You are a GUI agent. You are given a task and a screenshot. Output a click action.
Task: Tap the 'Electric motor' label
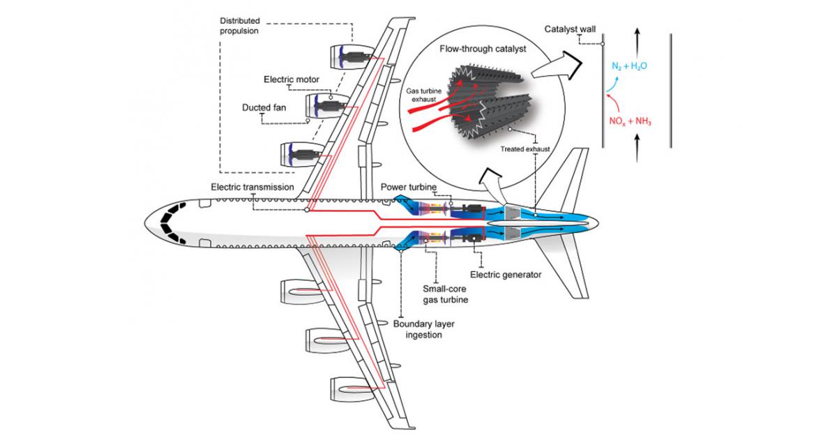pos(292,80)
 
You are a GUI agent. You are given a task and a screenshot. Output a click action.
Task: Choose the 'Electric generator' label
pos(506,275)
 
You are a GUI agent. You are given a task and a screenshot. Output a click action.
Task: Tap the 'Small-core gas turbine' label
pos(445,293)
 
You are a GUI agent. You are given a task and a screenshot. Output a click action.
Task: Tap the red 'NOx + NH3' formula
pos(630,119)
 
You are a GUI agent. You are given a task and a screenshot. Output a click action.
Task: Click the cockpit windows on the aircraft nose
pos(170,222)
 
